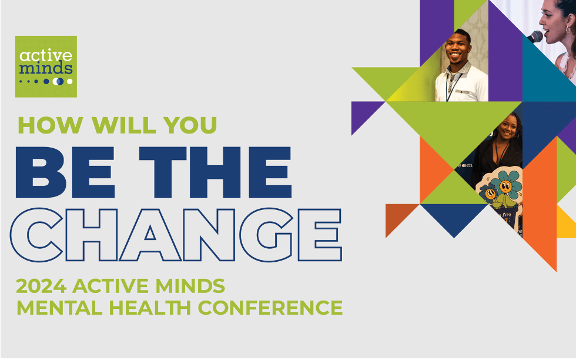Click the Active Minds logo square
click(x=46, y=66)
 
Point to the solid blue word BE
click(x=65, y=172)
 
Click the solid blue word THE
click(x=215, y=172)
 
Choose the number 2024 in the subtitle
click(x=41, y=286)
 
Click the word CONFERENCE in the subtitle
click(x=270, y=308)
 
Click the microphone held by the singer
click(x=535, y=37)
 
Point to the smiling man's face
click(x=458, y=48)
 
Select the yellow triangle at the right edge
click(x=565, y=224)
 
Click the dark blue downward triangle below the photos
click(x=454, y=217)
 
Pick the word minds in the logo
click(x=46, y=68)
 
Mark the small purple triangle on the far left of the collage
click(x=364, y=114)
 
